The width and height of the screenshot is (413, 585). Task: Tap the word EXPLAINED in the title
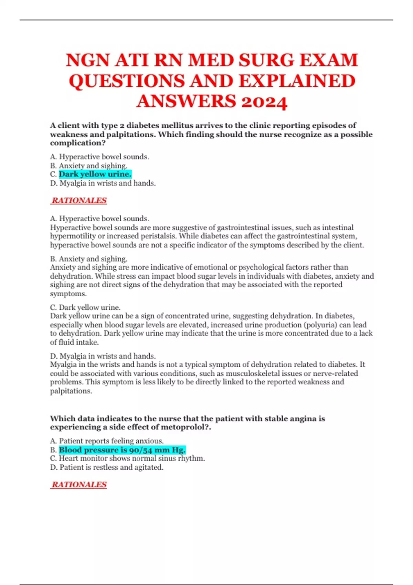coord(297,81)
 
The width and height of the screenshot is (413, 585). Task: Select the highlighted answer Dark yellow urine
coord(95,174)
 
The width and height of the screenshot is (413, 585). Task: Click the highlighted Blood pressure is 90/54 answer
coord(122,450)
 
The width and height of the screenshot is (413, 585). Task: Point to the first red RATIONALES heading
coord(79,200)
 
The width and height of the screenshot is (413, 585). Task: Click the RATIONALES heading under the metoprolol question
coord(79,485)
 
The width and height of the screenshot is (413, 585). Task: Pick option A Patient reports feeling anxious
coord(107,441)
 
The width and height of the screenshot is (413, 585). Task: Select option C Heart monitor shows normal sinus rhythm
coord(127,458)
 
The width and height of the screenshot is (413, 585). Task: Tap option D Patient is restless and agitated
coord(107,467)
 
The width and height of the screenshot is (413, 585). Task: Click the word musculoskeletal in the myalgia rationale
coord(252,373)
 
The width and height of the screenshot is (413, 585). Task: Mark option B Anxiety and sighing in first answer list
coord(89,166)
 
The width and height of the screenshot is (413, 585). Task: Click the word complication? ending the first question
coord(78,143)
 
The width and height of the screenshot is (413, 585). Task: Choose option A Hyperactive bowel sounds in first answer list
coord(99,157)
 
